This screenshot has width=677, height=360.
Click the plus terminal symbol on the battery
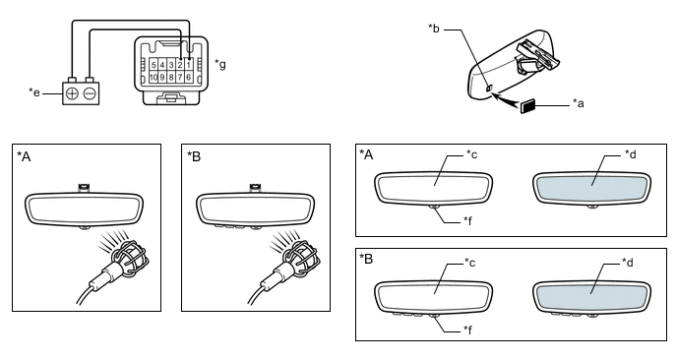(x=73, y=93)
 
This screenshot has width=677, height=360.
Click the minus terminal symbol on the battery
(x=90, y=93)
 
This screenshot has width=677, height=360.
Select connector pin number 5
(x=154, y=65)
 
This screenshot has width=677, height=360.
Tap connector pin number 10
(x=154, y=78)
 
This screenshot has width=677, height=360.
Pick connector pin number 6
(x=189, y=78)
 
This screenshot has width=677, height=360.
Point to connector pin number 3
(x=171, y=65)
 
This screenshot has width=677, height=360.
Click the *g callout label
(x=220, y=65)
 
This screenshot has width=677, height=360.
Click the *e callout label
(x=34, y=92)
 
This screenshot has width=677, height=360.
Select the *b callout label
(x=434, y=29)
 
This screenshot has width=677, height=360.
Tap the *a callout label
(x=579, y=103)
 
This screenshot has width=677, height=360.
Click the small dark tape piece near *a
(x=528, y=106)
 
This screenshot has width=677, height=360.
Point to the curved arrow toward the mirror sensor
(x=508, y=99)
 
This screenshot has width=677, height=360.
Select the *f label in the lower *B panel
(x=468, y=330)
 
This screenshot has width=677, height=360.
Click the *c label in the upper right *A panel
(x=471, y=154)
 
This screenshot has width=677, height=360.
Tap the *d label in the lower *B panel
(x=628, y=262)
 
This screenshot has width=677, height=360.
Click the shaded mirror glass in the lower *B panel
(x=591, y=296)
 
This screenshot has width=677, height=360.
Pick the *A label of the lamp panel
(x=25, y=156)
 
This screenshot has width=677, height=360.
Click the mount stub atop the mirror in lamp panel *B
(x=255, y=187)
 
